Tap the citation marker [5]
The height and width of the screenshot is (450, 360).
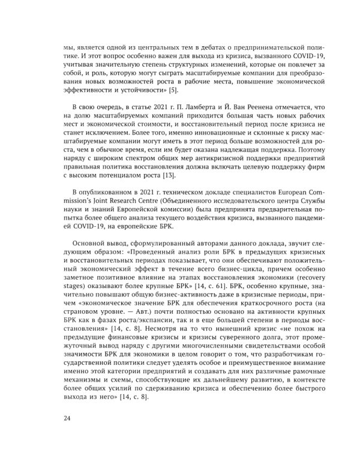[x=173, y=89]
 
